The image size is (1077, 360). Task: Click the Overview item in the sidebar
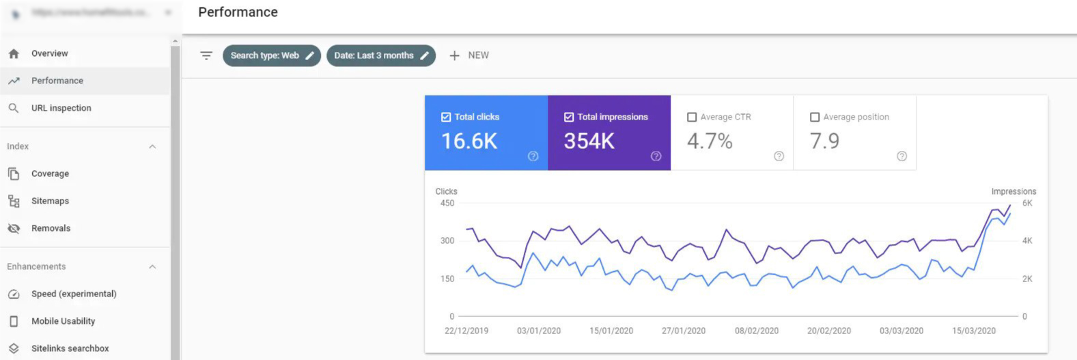click(49, 53)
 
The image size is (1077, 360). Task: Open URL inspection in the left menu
click(61, 108)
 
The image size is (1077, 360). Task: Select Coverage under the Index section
click(50, 174)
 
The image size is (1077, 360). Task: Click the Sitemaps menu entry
click(50, 201)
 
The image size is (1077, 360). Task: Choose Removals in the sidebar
click(51, 228)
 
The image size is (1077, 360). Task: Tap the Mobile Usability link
click(63, 321)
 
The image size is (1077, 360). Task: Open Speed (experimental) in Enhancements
click(74, 294)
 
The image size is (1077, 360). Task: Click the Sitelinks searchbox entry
click(70, 348)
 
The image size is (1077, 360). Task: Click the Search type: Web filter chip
click(271, 55)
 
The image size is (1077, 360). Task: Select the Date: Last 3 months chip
click(380, 55)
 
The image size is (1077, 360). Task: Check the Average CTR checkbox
click(692, 117)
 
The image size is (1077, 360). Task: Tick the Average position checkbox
click(815, 117)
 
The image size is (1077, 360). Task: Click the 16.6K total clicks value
click(469, 141)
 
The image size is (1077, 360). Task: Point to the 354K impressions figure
click(589, 141)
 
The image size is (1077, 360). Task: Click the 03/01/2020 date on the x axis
click(539, 331)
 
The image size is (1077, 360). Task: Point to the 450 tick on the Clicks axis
click(447, 203)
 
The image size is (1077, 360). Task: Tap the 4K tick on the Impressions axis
click(1027, 240)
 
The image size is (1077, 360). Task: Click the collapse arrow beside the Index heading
click(152, 146)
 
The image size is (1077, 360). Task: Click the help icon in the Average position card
click(901, 156)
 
